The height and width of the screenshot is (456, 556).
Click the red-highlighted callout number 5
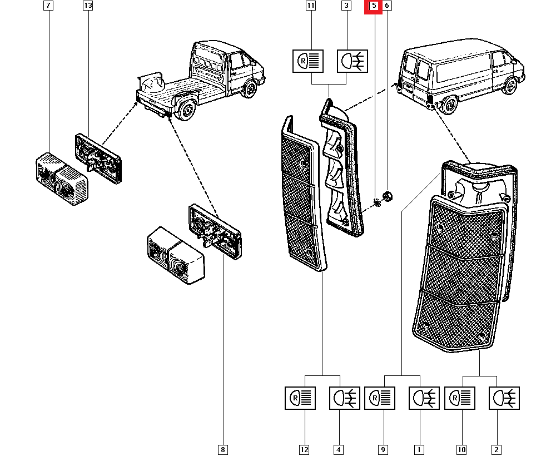click(x=374, y=7)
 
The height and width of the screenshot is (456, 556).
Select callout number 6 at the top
click(x=387, y=7)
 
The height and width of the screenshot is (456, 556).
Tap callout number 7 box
click(x=48, y=7)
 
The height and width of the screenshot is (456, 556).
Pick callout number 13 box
click(x=87, y=7)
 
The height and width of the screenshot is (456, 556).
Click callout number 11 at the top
click(x=311, y=7)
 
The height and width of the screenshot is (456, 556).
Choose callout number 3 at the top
click(x=346, y=7)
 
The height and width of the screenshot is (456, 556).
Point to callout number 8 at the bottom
click(x=224, y=449)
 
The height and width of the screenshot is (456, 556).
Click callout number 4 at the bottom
click(x=339, y=449)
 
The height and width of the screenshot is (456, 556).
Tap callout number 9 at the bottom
click(x=383, y=449)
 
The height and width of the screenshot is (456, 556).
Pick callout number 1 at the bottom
click(x=419, y=449)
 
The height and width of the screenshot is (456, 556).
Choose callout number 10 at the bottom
click(x=462, y=449)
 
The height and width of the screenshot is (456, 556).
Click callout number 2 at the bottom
click(x=497, y=449)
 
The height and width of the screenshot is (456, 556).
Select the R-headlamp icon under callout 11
click(x=308, y=61)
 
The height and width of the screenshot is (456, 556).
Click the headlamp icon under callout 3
click(x=353, y=61)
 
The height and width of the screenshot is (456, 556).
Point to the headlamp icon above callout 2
click(x=504, y=398)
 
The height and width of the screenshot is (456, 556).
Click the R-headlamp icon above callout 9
click(x=380, y=398)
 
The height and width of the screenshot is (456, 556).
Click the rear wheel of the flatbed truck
click(x=186, y=111)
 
